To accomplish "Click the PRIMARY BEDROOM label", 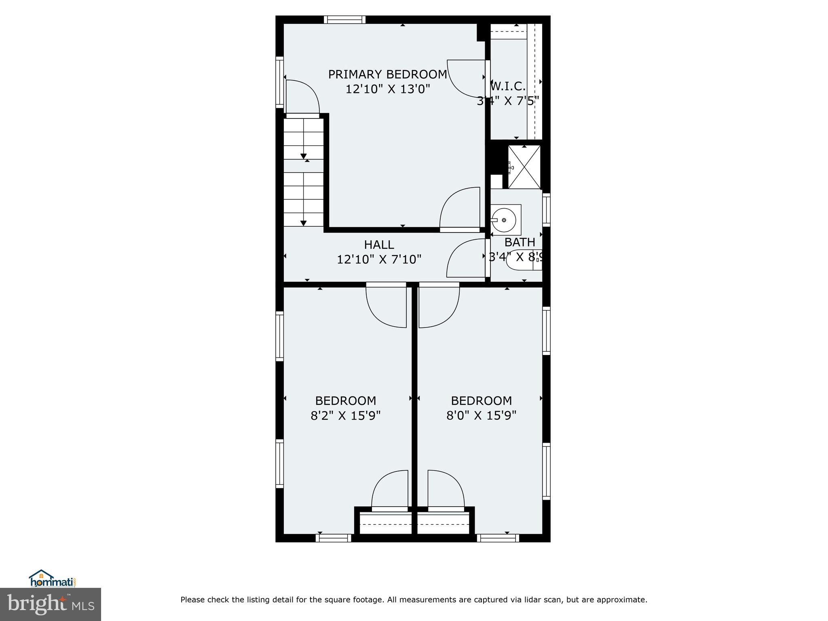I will tap(387, 74).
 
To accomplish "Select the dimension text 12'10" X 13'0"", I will tap(387, 89).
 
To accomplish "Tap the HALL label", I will tap(379, 245).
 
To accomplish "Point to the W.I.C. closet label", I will tap(509, 86).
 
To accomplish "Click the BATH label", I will tap(520, 242).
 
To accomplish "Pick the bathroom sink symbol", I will tap(504, 220).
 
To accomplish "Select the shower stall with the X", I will tap(524, 167).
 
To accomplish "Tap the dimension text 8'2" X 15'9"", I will tap(346, 416).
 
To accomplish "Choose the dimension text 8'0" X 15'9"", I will tap(481, 416).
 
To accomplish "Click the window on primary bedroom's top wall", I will tap(344, 19).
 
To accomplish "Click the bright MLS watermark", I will tap(51, 604).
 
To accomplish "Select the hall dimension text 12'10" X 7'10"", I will tap(379, 259).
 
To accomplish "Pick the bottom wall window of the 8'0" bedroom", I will tap(498, 538).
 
